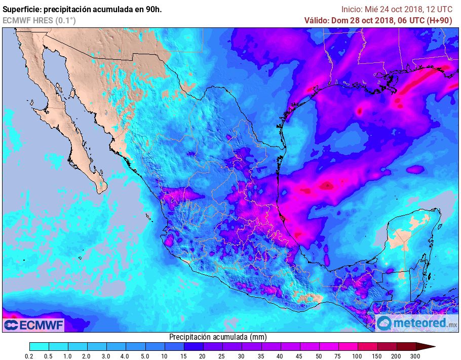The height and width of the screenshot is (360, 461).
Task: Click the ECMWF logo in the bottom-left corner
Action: (x=33, y=324)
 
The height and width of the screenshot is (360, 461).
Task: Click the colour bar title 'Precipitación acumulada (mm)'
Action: (x=217, y=337)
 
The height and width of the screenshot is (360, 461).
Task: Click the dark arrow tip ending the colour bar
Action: (x=428, y=347)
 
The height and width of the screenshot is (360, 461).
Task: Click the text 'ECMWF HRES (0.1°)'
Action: (x=39, y=20)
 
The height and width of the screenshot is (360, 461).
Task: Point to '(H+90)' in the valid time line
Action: (x=439, y=20)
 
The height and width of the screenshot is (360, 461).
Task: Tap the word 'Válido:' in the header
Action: (x=318, y=20)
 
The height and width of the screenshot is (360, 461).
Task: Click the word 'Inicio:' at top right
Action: (x=352, y=9)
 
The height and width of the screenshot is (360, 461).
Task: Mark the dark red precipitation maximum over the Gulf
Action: (x=327, y=185)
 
